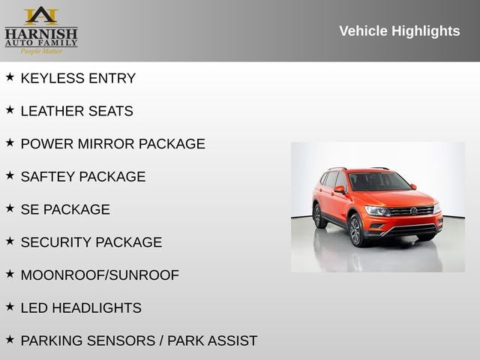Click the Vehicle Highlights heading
click(399, 31)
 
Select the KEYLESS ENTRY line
click(78, 78)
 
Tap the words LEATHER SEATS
click(76, 111)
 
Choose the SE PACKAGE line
click(65, 210)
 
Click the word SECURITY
click(55, 242)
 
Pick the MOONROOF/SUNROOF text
click(100, 275)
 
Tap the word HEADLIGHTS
click(98, 308)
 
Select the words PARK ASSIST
click(212, 340)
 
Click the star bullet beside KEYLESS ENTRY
click(10, 76)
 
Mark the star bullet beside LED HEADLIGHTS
click(10, 307)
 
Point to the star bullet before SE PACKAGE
click(10, 208)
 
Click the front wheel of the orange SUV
click(355, 230)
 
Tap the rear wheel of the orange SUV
click(317, 215)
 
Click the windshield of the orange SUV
click(379, 182)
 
